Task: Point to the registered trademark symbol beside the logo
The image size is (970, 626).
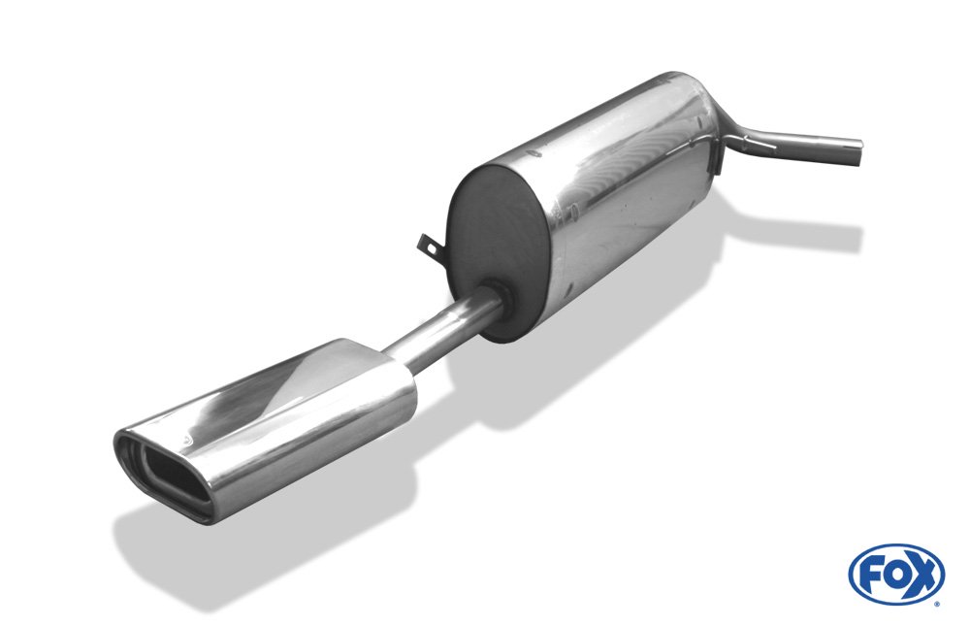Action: point(937,602)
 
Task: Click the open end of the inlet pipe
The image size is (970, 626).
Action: point(857,152)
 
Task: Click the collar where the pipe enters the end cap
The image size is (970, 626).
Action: point(498,295)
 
